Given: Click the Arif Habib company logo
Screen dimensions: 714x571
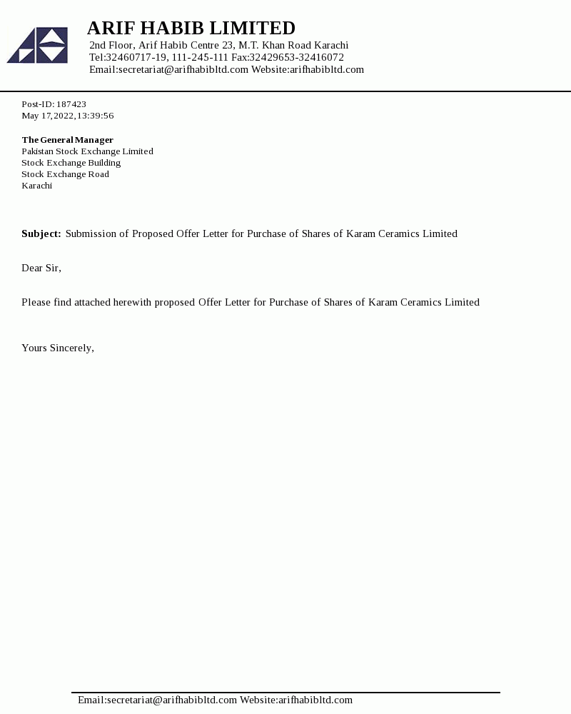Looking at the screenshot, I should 38,45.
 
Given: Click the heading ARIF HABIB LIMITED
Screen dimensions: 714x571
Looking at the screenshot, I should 191,28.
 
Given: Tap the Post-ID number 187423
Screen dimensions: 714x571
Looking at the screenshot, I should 71,104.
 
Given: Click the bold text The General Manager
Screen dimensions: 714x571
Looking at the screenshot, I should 67,140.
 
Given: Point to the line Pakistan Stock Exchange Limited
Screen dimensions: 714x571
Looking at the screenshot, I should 87,151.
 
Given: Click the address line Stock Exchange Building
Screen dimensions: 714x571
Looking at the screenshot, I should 71,163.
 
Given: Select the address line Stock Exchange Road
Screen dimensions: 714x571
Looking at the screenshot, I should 65,174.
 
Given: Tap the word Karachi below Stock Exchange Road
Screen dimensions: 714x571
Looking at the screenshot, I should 36,186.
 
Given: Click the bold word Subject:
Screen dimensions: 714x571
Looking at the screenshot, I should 41,233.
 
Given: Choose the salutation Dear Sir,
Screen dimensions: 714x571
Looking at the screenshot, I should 41,268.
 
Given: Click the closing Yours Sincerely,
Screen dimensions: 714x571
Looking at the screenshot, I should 58,348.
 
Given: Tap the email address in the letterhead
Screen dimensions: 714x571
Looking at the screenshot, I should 183,69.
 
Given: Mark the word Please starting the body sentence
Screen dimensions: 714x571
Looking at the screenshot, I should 36,302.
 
